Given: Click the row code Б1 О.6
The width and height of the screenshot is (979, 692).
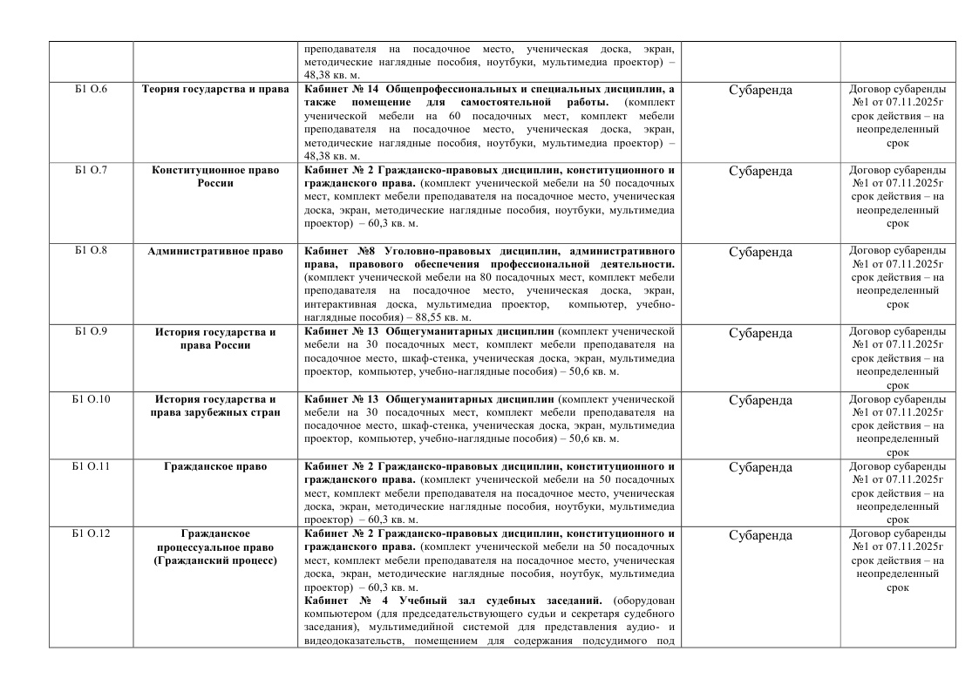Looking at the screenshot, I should [x=91, y=89].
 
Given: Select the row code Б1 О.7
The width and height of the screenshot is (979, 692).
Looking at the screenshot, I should [x=91, y=170].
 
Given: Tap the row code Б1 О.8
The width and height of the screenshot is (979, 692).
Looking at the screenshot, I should [x=91, y=251].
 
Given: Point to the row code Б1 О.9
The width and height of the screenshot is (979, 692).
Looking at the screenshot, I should [x=91, y=332].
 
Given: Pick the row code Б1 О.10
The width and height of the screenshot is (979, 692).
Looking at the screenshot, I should [x=91, y=399].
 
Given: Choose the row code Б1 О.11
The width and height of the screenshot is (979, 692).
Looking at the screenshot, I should [x=91, y=466].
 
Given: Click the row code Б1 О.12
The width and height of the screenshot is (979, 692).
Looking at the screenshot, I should [x=91, y=533].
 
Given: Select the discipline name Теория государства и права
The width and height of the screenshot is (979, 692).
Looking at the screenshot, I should [x=215, y=89].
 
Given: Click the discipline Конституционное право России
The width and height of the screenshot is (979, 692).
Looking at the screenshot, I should [x=215, y=176].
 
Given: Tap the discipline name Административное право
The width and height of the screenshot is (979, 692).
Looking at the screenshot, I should [x=215, y=251].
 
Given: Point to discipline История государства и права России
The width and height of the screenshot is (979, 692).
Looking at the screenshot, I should [x=215, y=338].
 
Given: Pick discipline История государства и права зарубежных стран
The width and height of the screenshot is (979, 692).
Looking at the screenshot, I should [x=215, y=405].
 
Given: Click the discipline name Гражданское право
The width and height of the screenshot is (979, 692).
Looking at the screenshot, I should [x=215, y=466].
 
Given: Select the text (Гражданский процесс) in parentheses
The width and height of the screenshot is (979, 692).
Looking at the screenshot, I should [x=215, y=560].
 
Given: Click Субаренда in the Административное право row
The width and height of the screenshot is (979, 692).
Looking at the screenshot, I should [x=760, y=252].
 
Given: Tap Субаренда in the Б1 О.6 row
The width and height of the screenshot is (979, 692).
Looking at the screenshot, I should [x=760, y=90].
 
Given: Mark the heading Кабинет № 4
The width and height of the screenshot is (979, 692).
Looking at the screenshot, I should [x=345, y=601].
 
